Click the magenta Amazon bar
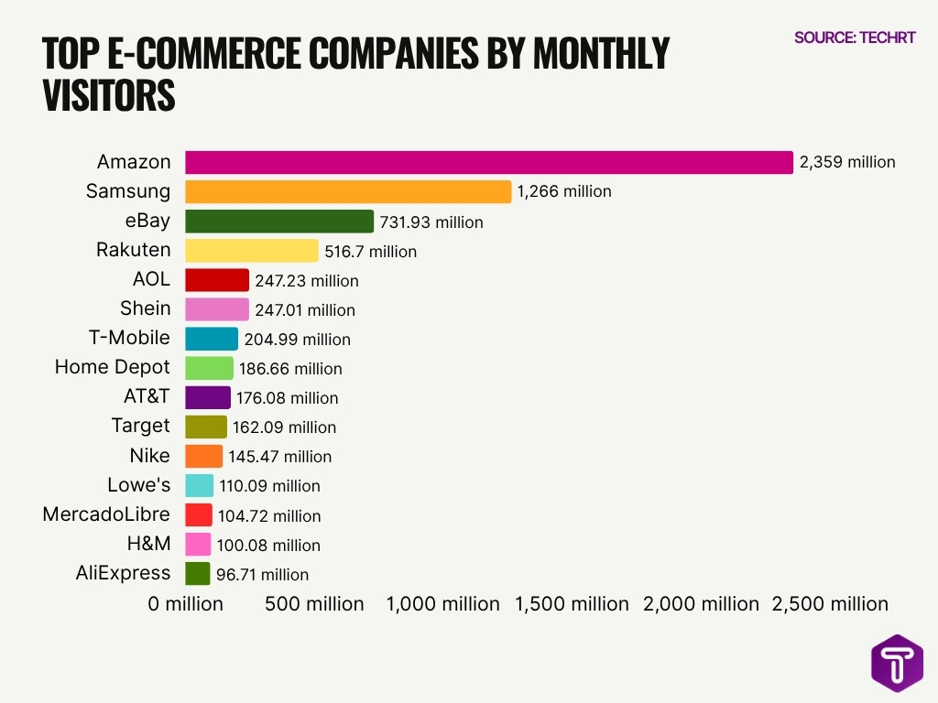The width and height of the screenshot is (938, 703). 488,162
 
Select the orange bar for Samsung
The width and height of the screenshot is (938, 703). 348,191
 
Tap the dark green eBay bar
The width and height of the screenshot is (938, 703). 279,222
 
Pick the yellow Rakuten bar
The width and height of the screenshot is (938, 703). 252,251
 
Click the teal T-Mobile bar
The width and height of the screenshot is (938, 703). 212,339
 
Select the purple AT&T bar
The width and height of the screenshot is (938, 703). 208,397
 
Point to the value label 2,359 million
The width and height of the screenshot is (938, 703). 847,162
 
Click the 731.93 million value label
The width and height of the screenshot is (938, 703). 431,222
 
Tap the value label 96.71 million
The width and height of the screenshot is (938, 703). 262,575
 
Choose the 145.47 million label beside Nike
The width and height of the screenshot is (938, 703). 279,456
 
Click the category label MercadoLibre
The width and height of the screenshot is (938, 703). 106,514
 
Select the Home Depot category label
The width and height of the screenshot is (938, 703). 112,367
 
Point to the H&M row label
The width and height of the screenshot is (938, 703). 148,544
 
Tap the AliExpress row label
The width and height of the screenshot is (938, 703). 123,573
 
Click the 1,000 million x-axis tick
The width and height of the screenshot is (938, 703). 443,604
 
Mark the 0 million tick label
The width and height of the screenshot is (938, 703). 186,604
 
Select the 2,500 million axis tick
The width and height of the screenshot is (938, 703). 830,604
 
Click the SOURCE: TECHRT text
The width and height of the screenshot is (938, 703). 855,38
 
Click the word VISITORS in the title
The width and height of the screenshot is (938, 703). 109,96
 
